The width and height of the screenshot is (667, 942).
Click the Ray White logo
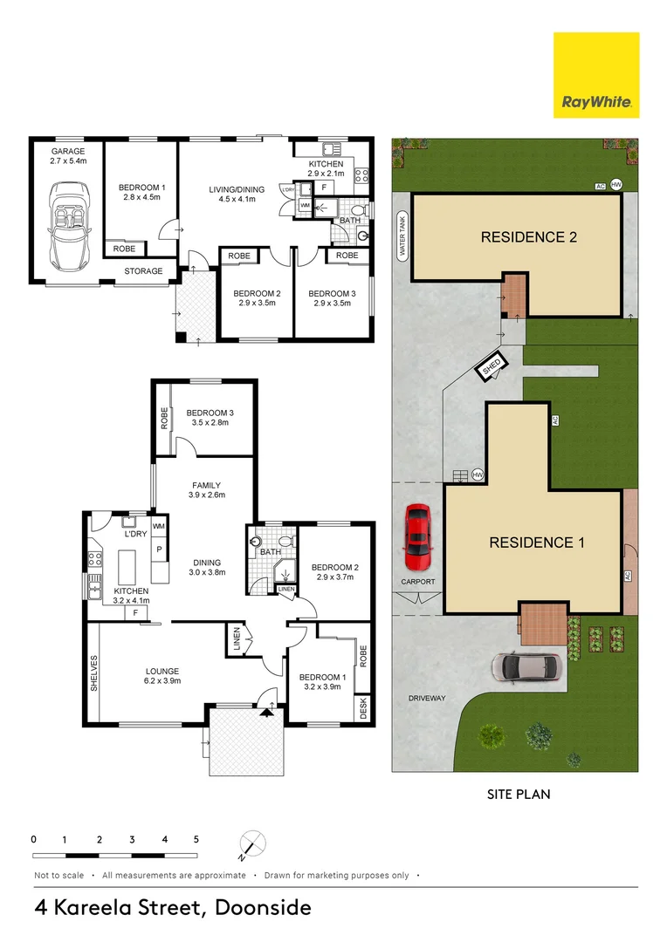tap(596, 75)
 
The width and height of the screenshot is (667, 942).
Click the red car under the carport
tap(416, 537)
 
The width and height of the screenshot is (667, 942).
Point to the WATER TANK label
tap(402, 235)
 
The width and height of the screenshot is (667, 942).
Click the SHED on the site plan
tap(492, 365)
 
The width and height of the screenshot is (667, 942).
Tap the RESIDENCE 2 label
tap(529, 237)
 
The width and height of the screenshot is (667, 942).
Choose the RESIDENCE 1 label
tap(537, 543)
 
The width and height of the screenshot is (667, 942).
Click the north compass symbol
tap(252, 843)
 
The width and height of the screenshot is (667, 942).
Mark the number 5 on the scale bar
tap(196, 839)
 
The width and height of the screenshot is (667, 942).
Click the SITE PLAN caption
tap(519, 795)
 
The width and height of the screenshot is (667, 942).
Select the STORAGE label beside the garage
tap(143, 271)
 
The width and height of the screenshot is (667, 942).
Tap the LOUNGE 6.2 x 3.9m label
tap(162, 676)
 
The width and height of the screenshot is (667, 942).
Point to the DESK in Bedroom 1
tap(362, 707)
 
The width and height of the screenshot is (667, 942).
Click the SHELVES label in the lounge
tap(93, 672)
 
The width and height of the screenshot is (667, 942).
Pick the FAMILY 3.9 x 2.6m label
tap(206, 490)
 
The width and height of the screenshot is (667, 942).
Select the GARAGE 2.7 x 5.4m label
tap(68, 156)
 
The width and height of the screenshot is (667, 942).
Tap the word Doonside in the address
tap(263, 907)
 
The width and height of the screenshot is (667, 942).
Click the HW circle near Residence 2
tap(615, 184)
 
